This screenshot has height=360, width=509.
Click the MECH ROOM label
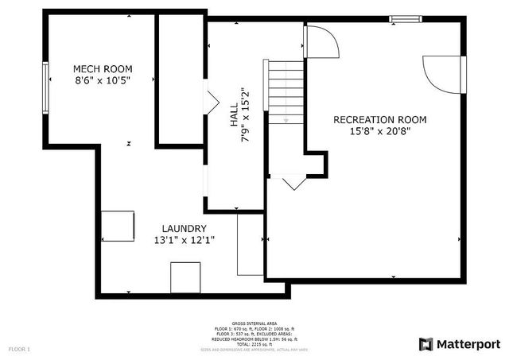pyautogui.click(x=103, y=69)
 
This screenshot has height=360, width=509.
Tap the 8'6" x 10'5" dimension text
pyautogui.click(x=103, y=81)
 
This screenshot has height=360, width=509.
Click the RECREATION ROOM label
pyautogui.click(x=379, y=120)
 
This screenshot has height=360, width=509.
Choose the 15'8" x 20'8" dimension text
pyautogui.click(x=379, y=132)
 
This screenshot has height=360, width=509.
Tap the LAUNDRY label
pyautogui.click(x=185, y=228)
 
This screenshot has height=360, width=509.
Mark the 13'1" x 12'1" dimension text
pyautogui.click(x=185, y=240)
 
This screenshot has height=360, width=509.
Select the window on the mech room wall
pyautogui.click(x=46, y=85)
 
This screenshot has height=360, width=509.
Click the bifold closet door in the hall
pyautogui.click(x=212, y=103)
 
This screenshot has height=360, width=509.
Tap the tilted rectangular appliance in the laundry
pyautogui.click(x=116, y=226)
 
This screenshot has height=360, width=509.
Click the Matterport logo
pyautogui.click(x=460, y=343)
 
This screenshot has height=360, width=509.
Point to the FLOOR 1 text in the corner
pyautogui.click(x=19, y=349)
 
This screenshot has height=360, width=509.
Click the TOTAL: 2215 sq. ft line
pyautogui.click(x=254, y=343)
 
